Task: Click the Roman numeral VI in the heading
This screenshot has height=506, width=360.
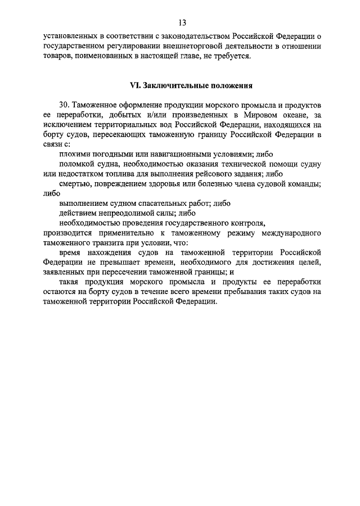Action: click(x=134, y=86)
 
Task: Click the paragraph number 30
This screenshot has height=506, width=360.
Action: click(x=64, y=106)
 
